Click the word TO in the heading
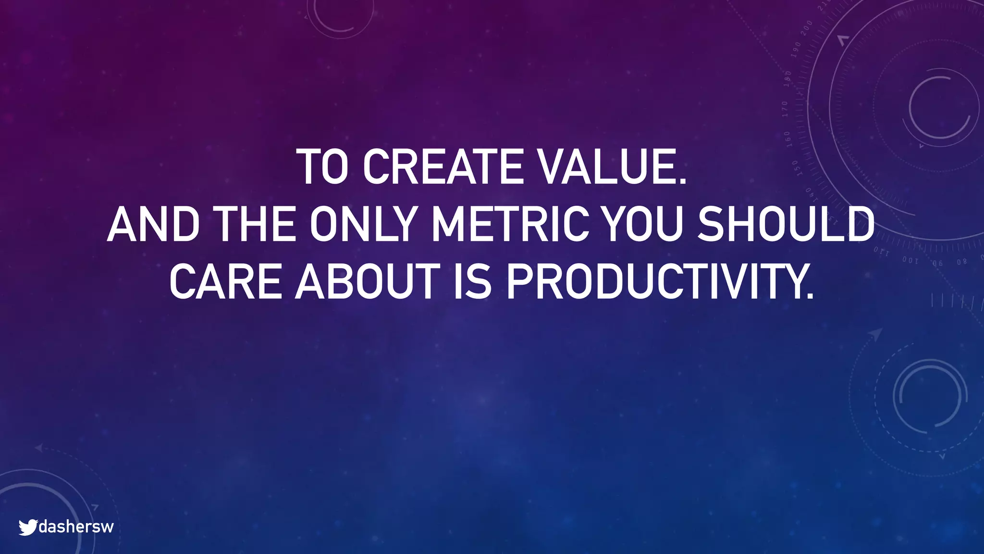coord(321,167)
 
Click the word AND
coord(153,225)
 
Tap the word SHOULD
coord(786,225)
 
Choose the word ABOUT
coord(368,282)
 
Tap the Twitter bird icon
coord(28,527)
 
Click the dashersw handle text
coord(76,527)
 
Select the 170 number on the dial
coord(785,109)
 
